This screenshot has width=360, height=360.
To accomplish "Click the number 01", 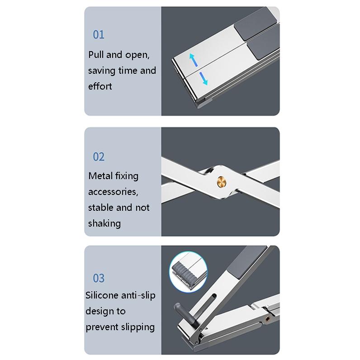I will coord(99,35).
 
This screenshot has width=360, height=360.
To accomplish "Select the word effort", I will coord(100,86).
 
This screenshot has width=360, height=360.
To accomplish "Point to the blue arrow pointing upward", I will coord(192,59).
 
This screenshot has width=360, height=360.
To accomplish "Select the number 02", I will coord(99,157).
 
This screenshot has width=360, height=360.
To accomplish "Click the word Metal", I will coord(100,176).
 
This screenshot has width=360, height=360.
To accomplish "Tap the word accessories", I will coord(113,192).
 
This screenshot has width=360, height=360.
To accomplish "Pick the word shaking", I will coord(104,223).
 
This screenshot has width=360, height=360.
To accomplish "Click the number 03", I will coord(99,278).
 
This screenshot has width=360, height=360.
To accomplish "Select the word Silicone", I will coord(102,295).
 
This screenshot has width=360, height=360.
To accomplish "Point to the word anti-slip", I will coord(138,295).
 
